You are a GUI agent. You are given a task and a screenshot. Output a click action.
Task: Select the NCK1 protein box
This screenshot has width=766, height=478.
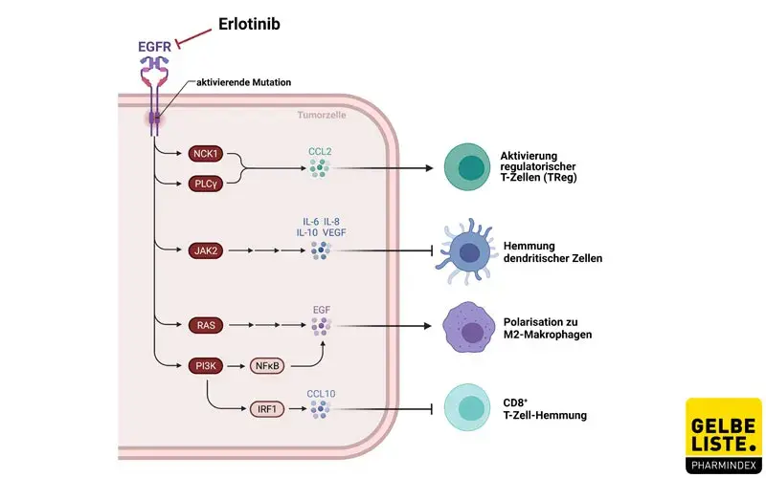(x=204, y=153)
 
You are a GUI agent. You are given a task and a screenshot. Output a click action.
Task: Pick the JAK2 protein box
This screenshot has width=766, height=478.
(x=204, y=251)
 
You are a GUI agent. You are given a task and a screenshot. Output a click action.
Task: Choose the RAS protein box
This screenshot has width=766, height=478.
(x=204, y=325)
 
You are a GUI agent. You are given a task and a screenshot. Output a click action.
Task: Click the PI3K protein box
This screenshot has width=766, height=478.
(x=204, y=365)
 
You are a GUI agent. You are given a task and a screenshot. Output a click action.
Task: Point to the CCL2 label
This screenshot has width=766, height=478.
(x=320, y=150)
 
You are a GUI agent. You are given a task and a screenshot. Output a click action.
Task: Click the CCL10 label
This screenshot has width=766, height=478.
(x=320, y=392)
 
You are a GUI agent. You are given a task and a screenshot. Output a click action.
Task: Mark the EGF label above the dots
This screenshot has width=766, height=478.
(x=321, y=311)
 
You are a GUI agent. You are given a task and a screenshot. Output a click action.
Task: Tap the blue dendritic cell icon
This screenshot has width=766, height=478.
(x=468, y=251)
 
